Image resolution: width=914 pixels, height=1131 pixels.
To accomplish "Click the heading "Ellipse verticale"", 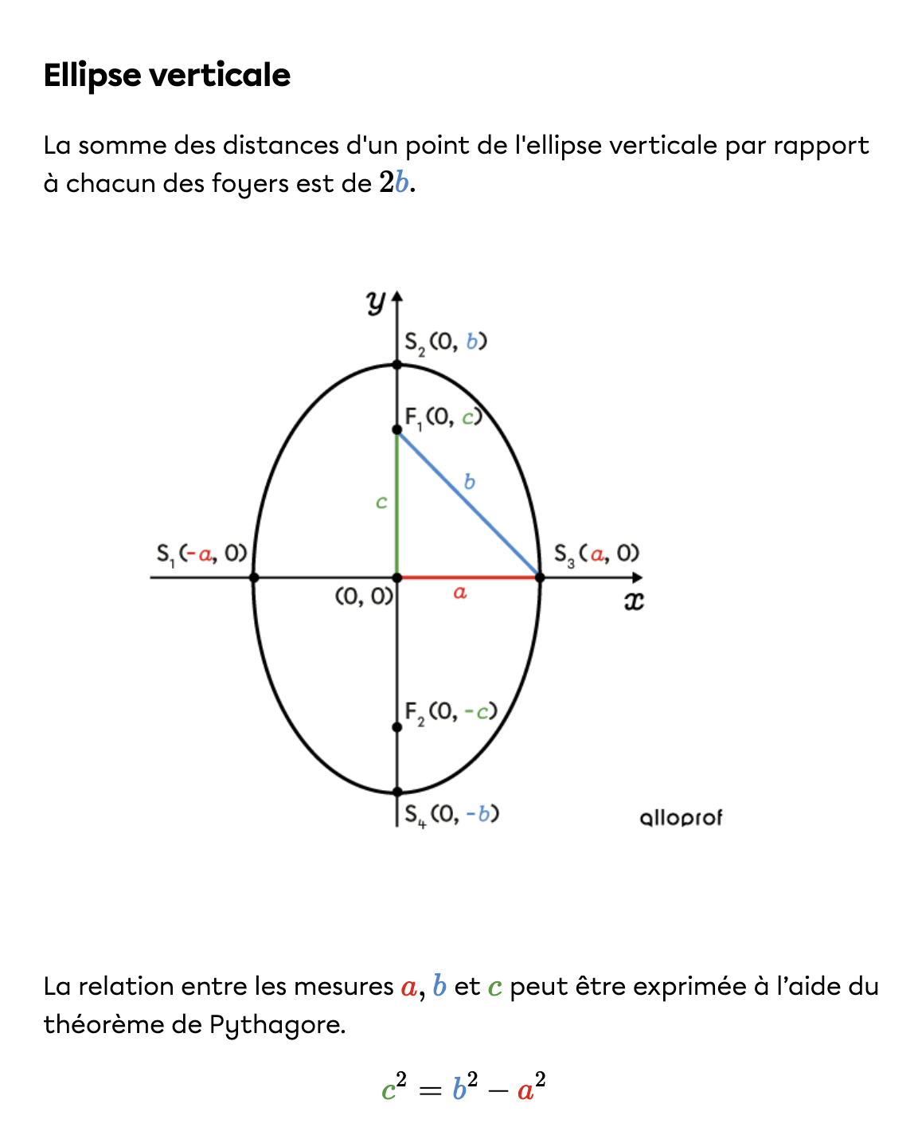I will [166, 75].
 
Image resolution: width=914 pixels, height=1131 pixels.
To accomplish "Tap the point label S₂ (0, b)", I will [445, 342].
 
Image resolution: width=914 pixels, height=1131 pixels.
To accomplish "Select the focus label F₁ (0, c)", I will [443, 417].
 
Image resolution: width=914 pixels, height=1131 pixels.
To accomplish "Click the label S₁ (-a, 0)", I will [201, 554].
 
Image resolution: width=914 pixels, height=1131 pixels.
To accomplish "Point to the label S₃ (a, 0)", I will [596, 554].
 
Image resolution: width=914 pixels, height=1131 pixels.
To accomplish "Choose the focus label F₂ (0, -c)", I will [451, 711].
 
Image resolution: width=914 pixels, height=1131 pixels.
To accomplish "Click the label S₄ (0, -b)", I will [451, 814].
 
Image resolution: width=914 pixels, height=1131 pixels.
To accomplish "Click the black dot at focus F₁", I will [397, 430].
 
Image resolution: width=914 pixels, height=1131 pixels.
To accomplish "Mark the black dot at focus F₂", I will [397, 727].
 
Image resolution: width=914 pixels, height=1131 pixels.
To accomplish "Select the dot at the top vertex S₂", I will [397, 365].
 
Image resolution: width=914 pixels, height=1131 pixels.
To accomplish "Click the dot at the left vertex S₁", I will [254, 577].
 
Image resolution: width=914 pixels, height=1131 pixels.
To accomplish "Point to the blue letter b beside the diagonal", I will [469, 482].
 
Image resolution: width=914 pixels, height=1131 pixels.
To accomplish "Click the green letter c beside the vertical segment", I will [381, 503].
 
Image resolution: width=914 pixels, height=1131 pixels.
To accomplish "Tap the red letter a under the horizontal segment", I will [459, 593].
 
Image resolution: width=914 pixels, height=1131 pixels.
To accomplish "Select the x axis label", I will [633, 601].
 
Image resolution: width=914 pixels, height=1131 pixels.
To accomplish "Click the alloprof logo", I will [681, 818].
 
